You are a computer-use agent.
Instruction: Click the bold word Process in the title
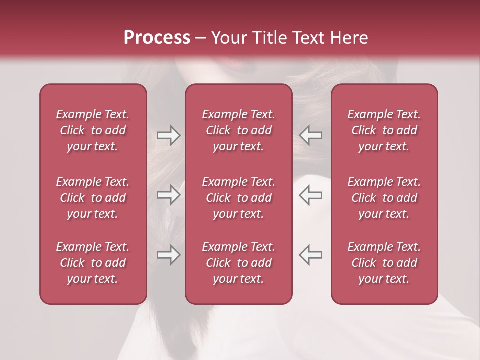point(157,38)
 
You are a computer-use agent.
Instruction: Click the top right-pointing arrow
point(168,135)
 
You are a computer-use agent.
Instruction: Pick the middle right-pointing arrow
point(168,195)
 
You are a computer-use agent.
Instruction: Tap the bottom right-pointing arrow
point(168,255)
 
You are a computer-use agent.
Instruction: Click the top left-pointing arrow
point(310,135)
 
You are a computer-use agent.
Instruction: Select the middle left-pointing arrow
point(310,195)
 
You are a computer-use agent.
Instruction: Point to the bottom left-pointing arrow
point(310,255)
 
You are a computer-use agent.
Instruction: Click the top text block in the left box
point(93,130)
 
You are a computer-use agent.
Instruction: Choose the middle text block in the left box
point(93,198)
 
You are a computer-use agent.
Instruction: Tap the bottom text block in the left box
point(93,263)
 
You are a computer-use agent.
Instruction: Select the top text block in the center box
point(239,130)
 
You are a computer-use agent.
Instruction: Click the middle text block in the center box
point(239,198)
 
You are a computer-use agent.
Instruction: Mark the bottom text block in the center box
point(239,263)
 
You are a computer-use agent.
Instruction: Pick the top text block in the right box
point(384,130)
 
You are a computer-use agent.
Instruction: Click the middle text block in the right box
point(384,198)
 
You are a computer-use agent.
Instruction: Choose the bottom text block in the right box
point(384,263)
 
